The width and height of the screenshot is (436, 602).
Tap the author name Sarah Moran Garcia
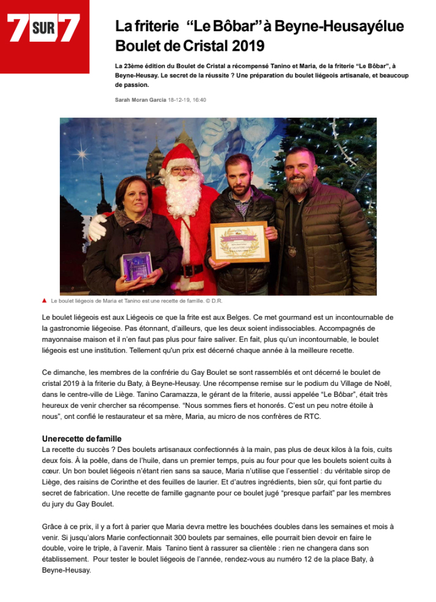[x=140, y=99]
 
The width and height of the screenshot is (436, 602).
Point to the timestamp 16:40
[x=199, y=99]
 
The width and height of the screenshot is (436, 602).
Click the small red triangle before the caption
[x=45, y=301]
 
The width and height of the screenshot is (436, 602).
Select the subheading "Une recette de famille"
[x=81, y=438]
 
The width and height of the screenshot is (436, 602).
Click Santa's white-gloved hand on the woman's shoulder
[x=97, y=227]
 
